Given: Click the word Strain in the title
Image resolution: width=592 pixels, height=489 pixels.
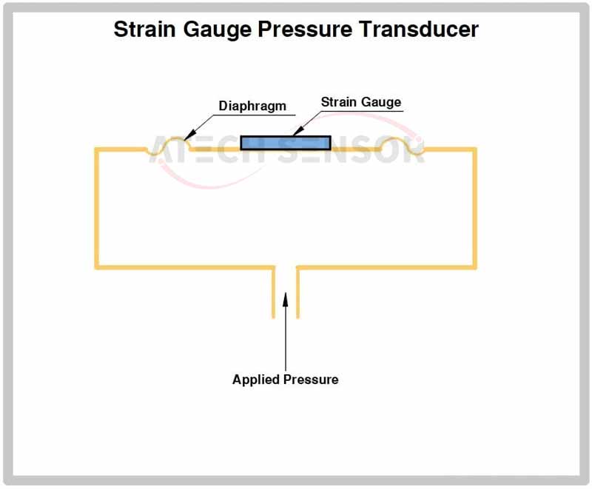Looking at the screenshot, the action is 144,29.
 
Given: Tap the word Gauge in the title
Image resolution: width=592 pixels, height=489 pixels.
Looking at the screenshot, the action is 217,30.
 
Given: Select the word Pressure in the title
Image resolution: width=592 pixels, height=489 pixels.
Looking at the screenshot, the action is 305,29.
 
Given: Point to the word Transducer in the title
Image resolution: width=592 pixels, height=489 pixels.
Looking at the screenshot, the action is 419,29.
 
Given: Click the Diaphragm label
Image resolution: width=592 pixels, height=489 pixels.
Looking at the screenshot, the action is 252,106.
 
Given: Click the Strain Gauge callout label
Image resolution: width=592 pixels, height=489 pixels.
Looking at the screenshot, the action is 361,102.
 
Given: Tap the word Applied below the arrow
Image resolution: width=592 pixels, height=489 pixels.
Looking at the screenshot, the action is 256,380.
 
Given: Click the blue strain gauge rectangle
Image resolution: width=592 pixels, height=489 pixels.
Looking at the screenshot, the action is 286,143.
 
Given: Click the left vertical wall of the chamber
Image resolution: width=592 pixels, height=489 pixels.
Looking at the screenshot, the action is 97,209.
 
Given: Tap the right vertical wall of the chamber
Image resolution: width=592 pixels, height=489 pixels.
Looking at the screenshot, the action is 474,209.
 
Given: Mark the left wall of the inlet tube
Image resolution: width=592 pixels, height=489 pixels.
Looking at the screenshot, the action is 273,292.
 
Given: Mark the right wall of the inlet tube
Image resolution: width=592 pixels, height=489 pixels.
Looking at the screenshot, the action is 298,292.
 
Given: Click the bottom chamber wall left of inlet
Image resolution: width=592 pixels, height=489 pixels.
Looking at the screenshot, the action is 185,268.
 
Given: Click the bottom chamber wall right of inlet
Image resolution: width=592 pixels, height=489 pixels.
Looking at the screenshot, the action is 386,268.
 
